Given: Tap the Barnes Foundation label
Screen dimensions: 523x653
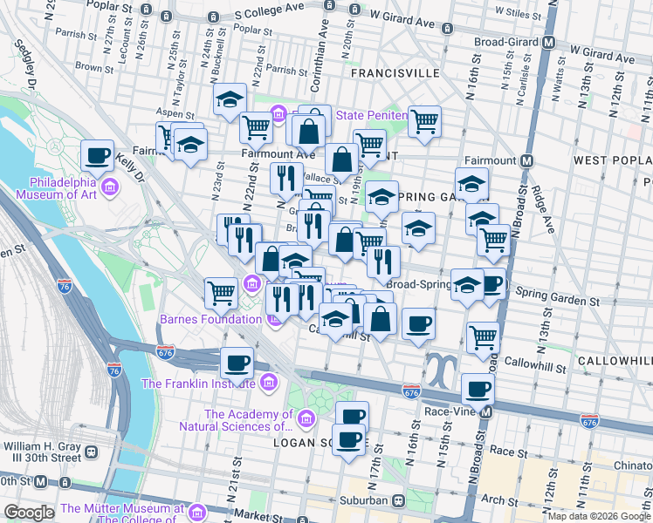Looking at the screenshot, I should coord(210,319).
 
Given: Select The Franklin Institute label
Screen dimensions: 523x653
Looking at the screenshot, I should coord(198,383).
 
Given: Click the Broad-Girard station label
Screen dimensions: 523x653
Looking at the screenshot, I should coord(507,42).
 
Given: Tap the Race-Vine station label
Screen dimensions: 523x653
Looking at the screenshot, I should coord(449,411).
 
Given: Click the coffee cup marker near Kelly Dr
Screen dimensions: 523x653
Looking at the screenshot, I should coord(98,156).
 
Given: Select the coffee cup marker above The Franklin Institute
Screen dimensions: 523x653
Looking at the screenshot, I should coord(237,362).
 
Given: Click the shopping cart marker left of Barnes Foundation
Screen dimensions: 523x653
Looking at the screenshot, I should coord(221,293).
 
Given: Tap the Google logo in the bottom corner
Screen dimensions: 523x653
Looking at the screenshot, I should coord(29,513).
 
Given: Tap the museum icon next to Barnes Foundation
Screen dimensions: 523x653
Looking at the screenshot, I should coord(272,319).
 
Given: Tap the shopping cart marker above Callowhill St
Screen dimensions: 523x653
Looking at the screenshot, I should coord(482,337).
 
